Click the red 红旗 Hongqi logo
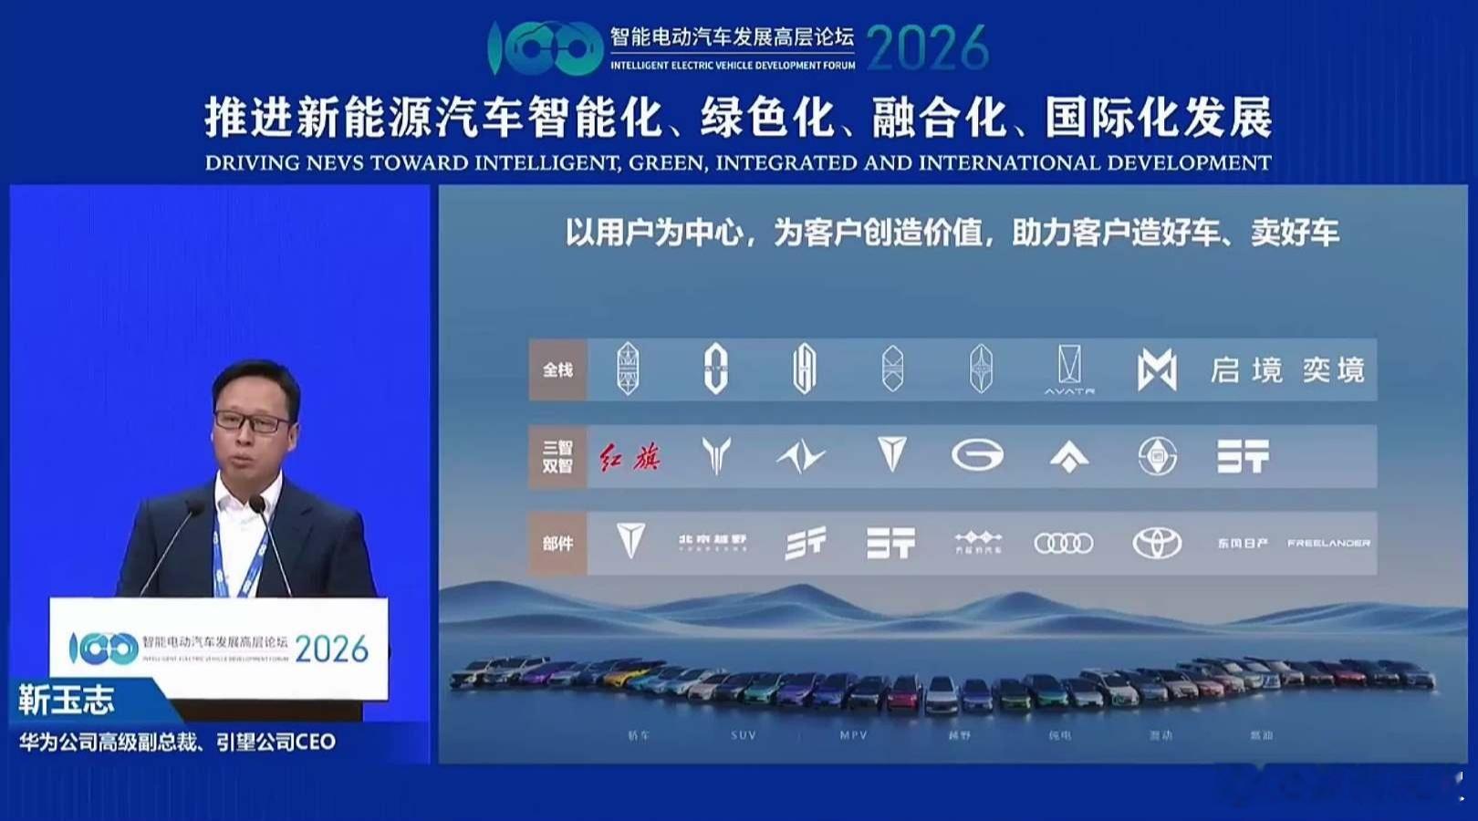coord(630,456)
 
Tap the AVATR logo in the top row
coord(1069,370)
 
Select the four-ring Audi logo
coord(1063,544)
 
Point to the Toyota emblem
coord(1157,544)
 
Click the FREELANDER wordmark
coord(1328,544)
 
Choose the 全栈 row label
coord(557,369)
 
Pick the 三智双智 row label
coord(557,456)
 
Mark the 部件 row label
coord(557,544)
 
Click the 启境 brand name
coord(1246,370)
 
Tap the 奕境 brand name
coord(1333,370)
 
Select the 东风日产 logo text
coord(1242,544)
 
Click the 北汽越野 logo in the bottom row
coord(713,543)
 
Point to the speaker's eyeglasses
coord(252,422)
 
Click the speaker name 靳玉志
coord(67,701)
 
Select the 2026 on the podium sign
coord(331,650)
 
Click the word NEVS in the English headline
coord(334,163)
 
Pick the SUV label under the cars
coord(744,735)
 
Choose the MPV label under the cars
coord(853,735)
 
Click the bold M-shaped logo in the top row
coord(1157,370)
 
